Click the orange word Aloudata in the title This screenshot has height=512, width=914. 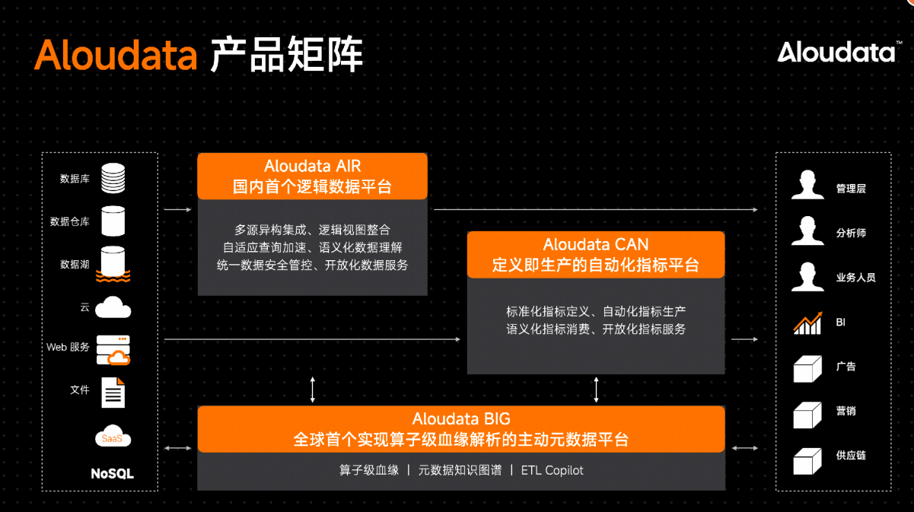[x=116, y=55]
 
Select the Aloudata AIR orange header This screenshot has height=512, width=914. [x=313, y=176]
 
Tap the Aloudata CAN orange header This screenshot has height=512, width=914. [x=596, y=255]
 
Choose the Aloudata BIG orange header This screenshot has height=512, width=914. [x=461, y=429]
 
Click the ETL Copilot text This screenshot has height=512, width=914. [x=552, y=470]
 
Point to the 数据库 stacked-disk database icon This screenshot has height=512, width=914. [x=113, y=178]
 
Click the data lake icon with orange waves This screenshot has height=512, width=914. [x=113, y=264]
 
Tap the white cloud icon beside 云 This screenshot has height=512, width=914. [x=113, y=307]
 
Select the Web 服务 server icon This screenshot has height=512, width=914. [x=113, y=350]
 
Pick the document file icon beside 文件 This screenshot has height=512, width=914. [x=113, y=393]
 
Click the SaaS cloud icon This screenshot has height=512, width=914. [x=113, y=436]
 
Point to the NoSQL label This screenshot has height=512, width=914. [x=112, y=474]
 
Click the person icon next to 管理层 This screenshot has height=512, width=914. [x=807, y=184]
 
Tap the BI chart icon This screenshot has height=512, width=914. [x=808, y=323]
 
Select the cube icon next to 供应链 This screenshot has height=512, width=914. [x=807, y=462]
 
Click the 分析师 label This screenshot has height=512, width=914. [x=851, y=233]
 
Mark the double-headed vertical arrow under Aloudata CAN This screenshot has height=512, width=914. [x=596, y=390]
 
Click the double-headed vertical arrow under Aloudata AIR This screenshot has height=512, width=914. [x=313, y=390]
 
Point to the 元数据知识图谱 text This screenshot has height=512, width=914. [x=460, y=470]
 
